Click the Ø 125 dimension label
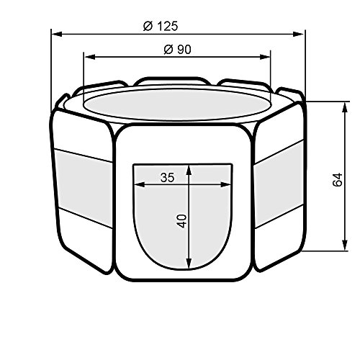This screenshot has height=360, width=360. pyautogui.click(x=161, y=26)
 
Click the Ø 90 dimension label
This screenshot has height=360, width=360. pyautogui.click(x=178, y=50)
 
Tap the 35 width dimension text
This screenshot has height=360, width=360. pyautogui.click(x=168, y=178)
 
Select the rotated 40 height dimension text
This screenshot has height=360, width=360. pyautogui.click(x=182, y=221)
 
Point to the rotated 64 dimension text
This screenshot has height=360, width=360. pyautogui.click(x=338, y=179)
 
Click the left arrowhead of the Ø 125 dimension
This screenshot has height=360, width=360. pyautogui.click(x=57, y=35)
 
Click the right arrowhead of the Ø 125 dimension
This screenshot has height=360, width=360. pyautogui.click(x=298, y=35)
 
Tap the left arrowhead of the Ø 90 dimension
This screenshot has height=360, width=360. pyautogui.click(x=89, y=57)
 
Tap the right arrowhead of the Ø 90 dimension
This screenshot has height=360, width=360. pyautogui.click(x=265, y=57)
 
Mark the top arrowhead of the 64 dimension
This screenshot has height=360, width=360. pyautogui.click(x=345, y=107)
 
